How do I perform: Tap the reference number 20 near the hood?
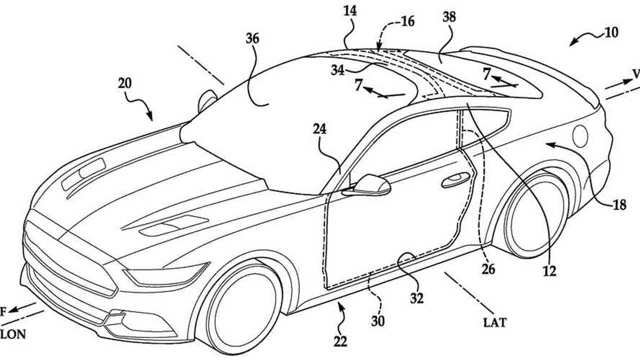pyautogui.click(x=125, y=83)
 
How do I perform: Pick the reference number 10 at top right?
pyautogui.click(x=610, y=33)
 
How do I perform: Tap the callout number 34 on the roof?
pyautogui.click(x=337, y=70)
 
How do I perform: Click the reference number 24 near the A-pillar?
pyautogui.click(x=319, y=129)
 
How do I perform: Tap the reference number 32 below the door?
pyautogui.click(x=416, y=298)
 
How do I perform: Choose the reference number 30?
pyautogui.click(x=378, y=320)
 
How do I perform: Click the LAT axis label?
pyautogui.click(x=494, y=323)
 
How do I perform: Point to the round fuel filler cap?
pyautogui.click(x=580, y=136)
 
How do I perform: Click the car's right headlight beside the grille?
pyautogui.click(x=165, y=274)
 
